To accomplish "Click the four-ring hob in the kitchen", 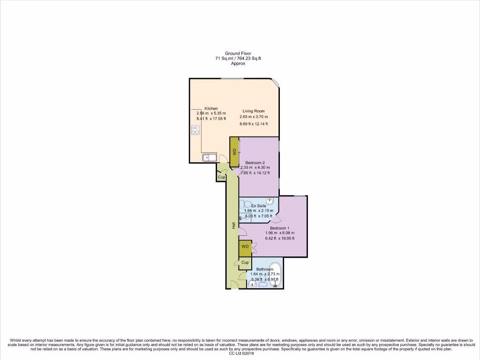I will [195, 131].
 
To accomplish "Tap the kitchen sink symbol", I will [209, 157].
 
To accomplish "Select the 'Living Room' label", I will [254, 111].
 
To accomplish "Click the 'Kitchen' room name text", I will [211, 108].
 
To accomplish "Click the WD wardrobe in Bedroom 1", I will [245, 247].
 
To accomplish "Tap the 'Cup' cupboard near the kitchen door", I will [221, 177].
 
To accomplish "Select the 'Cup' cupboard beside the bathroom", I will [245, 262].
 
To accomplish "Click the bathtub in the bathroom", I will [274, 275].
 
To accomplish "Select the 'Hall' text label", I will [233, 225].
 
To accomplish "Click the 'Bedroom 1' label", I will [279, 228].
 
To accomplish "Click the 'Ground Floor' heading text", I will [238, 53].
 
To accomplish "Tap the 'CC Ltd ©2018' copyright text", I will [240, 354].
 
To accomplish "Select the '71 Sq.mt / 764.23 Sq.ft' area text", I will [238, 59].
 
